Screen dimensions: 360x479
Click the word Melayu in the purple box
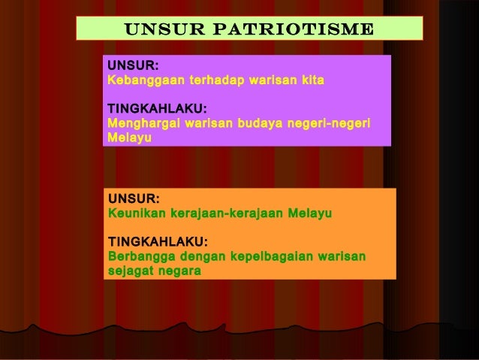[129, 138]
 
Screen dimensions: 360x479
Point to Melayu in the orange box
[311, 213]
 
